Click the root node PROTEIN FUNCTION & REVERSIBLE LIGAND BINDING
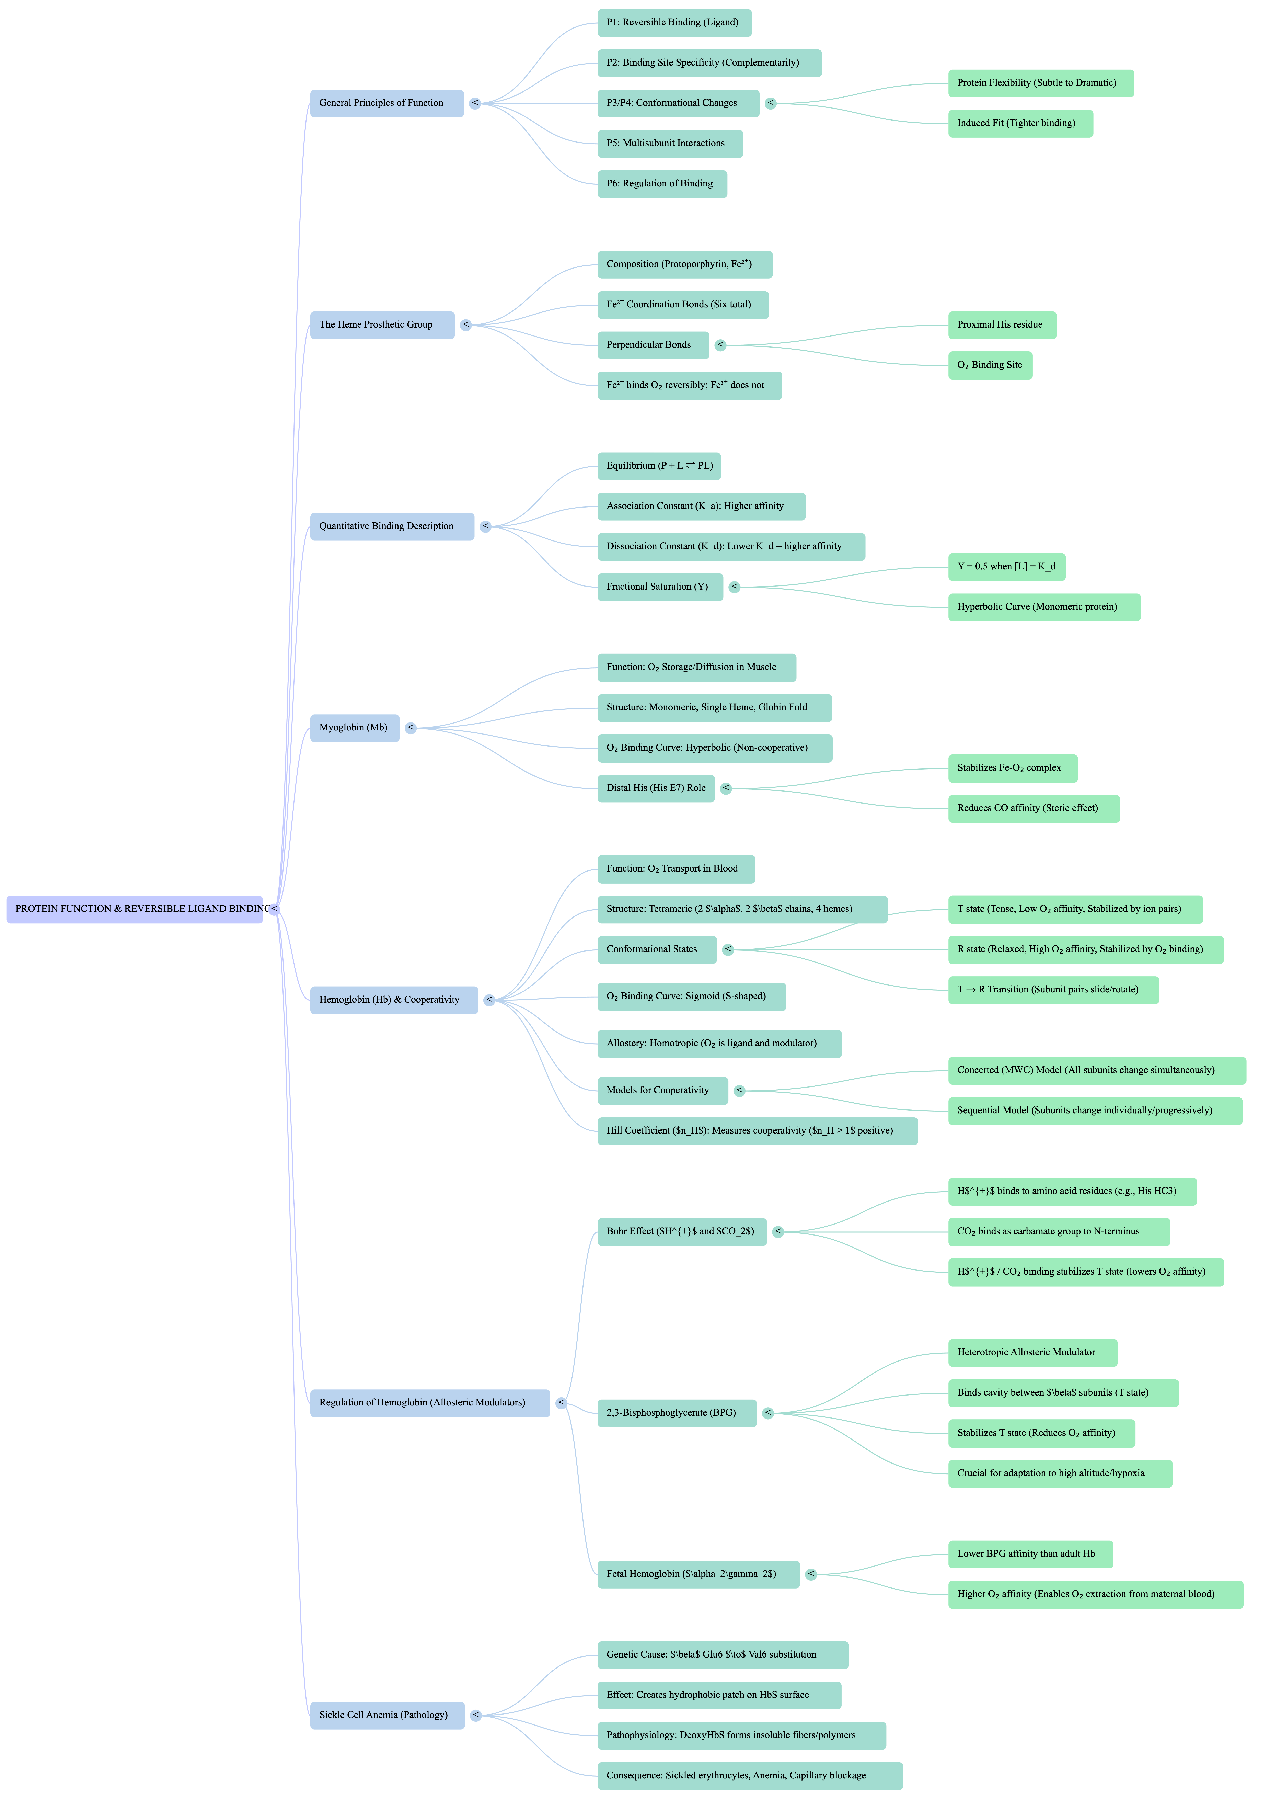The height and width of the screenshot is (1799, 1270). click(135, 909)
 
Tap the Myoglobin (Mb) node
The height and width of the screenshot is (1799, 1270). click(354, 728)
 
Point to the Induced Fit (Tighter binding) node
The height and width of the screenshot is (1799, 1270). click(1020, 123)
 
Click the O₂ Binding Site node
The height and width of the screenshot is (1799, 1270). click(990, 365)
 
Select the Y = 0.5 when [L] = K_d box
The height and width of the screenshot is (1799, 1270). click(1006, 567)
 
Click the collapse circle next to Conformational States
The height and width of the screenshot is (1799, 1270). click(728, 950)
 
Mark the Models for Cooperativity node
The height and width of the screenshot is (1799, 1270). click(662, 1091)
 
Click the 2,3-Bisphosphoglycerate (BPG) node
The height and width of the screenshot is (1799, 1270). click(676, 1413)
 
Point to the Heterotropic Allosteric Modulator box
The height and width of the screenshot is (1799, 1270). click(1032, 1352)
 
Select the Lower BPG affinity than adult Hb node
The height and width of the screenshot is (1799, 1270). click(1029, 1554)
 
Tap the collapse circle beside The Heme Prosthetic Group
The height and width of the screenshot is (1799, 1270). click(465, 325)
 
